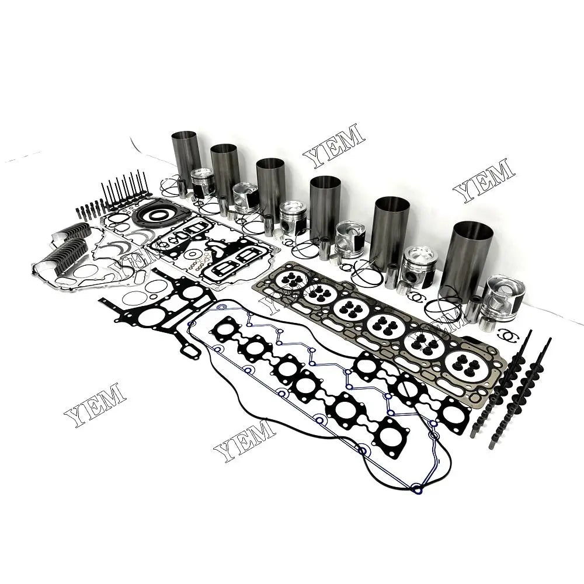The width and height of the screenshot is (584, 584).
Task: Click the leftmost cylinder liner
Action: [186, 154]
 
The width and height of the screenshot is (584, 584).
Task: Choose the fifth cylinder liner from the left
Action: [391, 231]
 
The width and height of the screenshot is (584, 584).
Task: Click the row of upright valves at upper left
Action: [125, 187]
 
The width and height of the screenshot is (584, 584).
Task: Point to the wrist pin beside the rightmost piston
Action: [474, 310]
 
